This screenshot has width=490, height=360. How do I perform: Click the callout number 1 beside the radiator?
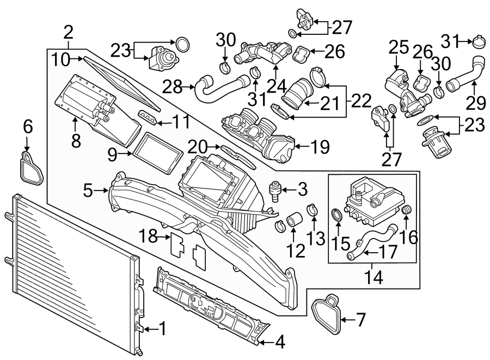pos(162,328)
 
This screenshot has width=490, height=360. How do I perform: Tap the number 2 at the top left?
pos(68,31)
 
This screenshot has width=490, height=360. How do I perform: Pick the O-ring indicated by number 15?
pos(338,215)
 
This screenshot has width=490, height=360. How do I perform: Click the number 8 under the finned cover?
pos(76,141)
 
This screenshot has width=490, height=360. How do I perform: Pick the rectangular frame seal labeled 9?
pos(157,150)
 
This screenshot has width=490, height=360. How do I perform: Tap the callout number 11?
pos(182,121)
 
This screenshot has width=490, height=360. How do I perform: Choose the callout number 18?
pos(147,236)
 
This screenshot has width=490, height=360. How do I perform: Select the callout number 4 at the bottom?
pos(280,342)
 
